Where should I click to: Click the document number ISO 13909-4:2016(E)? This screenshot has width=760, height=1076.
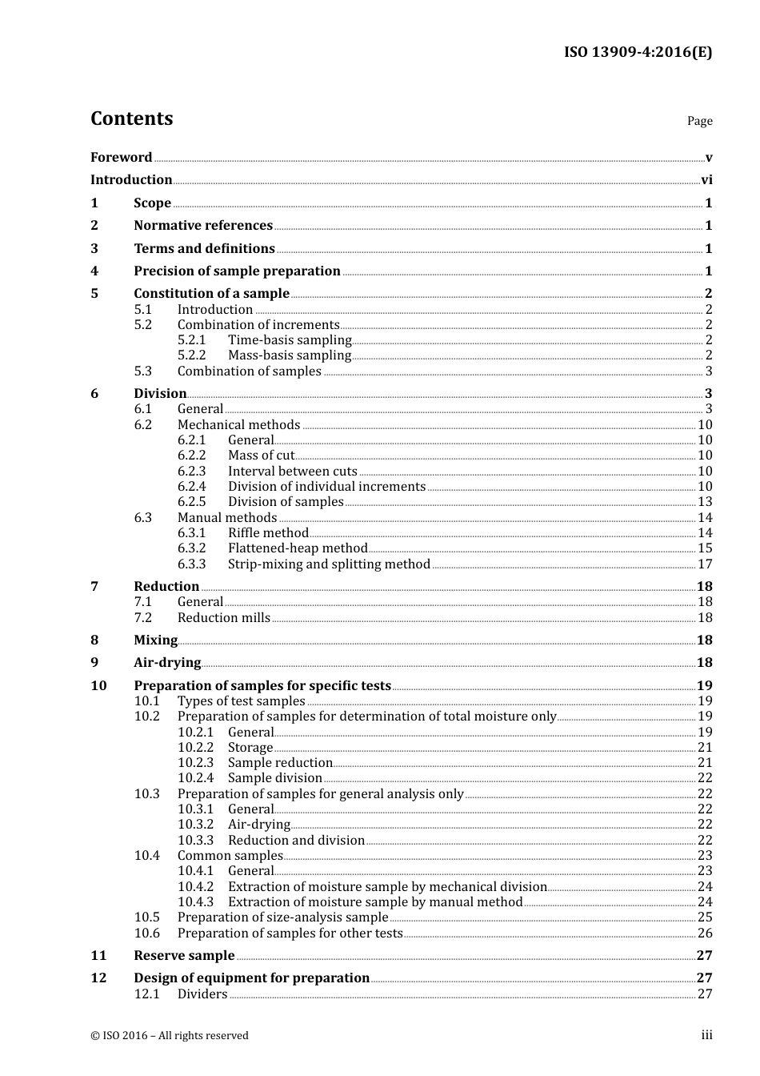[638, 53]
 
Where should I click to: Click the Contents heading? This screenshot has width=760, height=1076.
[131, 118]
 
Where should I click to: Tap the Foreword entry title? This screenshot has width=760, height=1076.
[121, 158]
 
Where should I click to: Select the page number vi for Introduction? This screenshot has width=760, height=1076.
[706, 180]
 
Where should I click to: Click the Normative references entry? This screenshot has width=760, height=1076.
[203, 226]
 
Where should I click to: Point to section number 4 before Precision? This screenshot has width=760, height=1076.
[94, 271]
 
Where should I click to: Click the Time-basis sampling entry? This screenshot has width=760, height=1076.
[290, 340]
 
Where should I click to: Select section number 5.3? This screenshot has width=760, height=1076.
[142, 371]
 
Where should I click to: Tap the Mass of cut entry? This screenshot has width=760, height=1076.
[261, 456]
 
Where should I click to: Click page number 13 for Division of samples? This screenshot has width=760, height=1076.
[705, 502]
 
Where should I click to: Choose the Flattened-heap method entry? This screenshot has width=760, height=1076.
[298, 548]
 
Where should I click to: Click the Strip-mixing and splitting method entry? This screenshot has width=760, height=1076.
[329, 564]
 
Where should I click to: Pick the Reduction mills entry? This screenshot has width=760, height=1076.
[224, 618]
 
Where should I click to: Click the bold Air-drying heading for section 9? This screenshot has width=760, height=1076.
[167, 663]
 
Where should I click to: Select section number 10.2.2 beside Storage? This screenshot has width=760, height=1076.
[195, 748]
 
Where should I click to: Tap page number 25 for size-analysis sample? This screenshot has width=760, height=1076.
[705, 917]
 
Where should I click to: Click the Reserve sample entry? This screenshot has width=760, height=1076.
[184, 956]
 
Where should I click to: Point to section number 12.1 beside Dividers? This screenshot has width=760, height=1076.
[146, 994]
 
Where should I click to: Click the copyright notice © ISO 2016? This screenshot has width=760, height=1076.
[170, 1036]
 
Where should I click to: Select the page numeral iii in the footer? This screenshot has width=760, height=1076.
[706, 1035]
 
